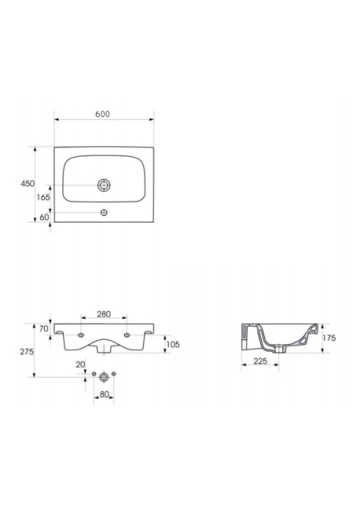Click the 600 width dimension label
[102, 114]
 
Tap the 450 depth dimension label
[27, 183]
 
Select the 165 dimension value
[43, 198]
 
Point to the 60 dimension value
[44, 217]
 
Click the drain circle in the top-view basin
[104, 185]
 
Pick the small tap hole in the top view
[104, 213]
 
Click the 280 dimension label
[104, 314]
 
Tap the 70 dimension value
[44, 329]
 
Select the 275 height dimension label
[26, 352]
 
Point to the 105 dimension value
[173, 344]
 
